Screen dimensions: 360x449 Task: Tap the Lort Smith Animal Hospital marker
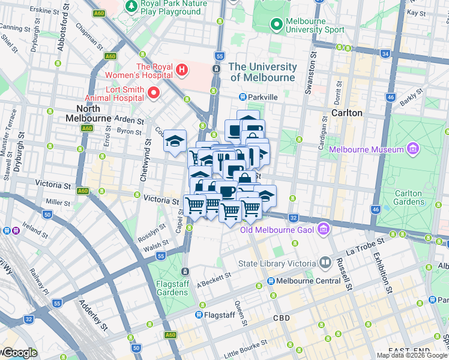pyautogui.click(x=154, y=93)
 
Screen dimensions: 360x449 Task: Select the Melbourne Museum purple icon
pyautogui.click(x=412, y=149)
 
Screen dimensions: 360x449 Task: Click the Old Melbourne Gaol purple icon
pyautogui.click(x=324, y=229)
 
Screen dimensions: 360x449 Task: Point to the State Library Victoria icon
pyautogui.click(x=325, y=263)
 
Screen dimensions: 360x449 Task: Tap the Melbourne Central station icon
pyautogui.click(x=271, y=281)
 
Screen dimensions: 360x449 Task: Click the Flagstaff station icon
pyautogui.click(x=199, y=314)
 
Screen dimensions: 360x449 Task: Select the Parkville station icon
pyautogui.click(x=243, y=97)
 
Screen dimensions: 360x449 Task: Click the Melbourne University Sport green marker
pyautogui.click(x=276, y=25)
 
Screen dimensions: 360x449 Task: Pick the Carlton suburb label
pyautogui.click(x=346, y=113)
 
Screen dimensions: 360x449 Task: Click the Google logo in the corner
pyautogui.click(x=19, y=353)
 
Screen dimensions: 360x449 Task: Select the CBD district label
pyautogui.click(x=282, y=317)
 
